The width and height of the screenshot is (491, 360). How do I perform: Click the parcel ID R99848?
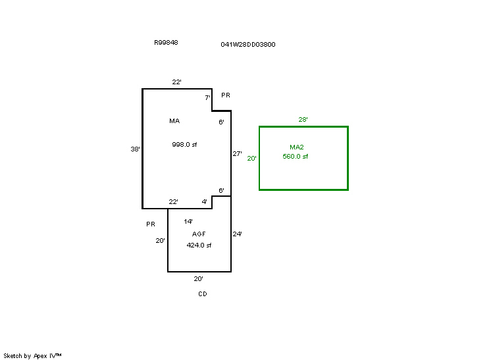point(166,43)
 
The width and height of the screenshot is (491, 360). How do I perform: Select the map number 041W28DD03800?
point(248,45)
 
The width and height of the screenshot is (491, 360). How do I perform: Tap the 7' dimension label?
point(207,98)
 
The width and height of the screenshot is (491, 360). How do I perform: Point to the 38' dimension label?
point(135,149)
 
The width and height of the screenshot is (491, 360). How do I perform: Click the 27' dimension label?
point(238,154)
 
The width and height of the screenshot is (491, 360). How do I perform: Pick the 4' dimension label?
point(204,201)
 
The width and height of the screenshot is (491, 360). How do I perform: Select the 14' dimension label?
point(188,222)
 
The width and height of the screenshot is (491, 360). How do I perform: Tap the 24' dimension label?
point(238,234)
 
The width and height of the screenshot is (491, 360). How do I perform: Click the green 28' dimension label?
point(303,120)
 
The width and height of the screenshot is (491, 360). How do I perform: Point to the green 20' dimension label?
point(251,158)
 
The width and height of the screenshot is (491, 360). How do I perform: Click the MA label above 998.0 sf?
point(174,121)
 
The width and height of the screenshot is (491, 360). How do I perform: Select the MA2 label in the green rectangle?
point(297,147)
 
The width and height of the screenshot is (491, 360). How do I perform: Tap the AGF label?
point(199,234)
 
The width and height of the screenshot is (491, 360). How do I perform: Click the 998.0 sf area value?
point(185,145)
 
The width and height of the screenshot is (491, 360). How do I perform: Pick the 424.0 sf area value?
point(199,245)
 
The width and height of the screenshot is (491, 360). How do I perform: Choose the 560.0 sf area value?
point(296,157)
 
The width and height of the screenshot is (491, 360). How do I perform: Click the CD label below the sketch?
point(203,294)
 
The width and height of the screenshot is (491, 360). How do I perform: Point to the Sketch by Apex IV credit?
point(32,355)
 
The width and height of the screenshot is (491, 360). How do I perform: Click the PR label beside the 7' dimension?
point(226,95)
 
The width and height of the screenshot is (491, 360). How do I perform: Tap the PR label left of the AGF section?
point(151,224)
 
